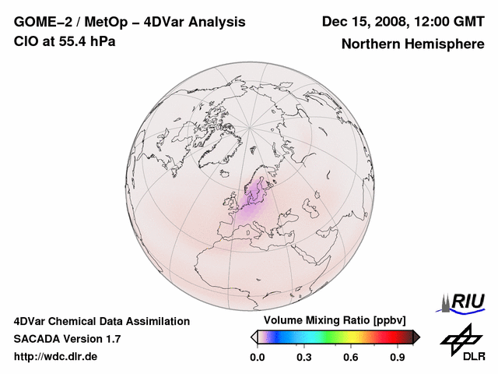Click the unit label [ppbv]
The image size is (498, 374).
pos(388,321)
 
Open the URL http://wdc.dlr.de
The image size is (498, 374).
pos(55,357)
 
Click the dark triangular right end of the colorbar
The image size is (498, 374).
pos(416,337)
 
